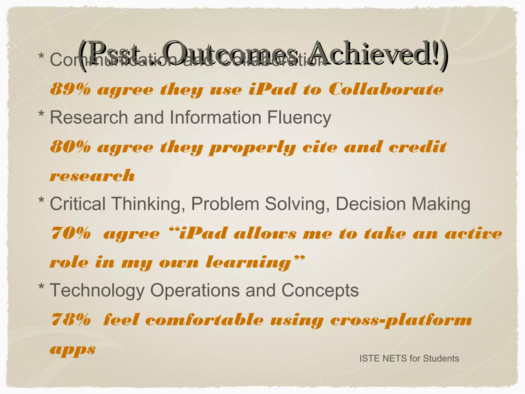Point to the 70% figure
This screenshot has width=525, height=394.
point(71,233)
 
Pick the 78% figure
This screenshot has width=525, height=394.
point(71,320)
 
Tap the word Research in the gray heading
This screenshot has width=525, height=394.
point(89,117)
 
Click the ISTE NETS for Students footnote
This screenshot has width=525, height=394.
point(409,358)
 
